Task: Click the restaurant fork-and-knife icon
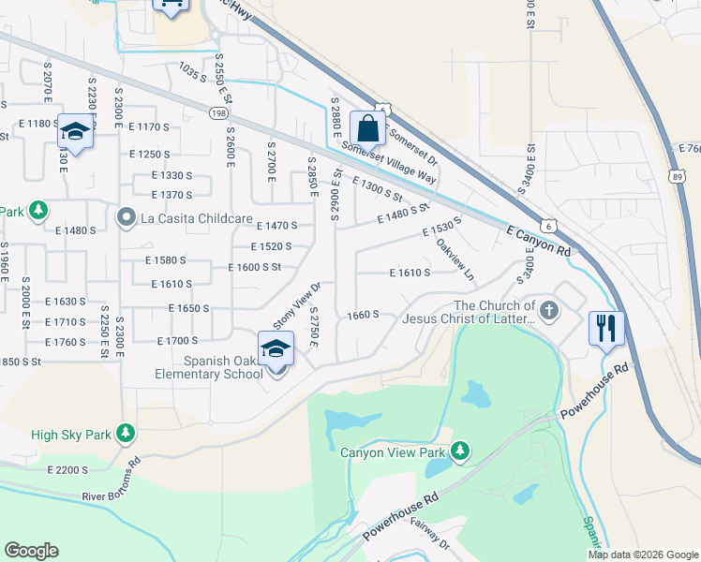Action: pyautogui.click(x=606, y=328)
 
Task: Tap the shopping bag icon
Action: pyautogui.click(x=368, y=128)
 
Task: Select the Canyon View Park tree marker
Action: pyautogui.click(x=459, y=452)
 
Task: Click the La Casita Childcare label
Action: pyautogui.click(x=197, y=218)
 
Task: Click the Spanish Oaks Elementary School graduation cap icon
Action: pyautogui.click(x=276, y=348)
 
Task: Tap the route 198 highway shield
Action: pyautogui.click(x=219, y=113)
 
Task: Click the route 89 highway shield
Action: pyautogui.click(x=676, y=175)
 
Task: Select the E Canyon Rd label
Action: pyautogui.click(x=538, y=240)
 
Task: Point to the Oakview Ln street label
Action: pyautogui.click(x=455, y=259)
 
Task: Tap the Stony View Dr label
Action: pyautogui.click(x=297, y=305)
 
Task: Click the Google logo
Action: pyautogui.click(x=31, y=551)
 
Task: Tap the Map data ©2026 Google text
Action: pyautogui.click(x=643, y=555)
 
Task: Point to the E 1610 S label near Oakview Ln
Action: pyautogui.click(x=410, y=273)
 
